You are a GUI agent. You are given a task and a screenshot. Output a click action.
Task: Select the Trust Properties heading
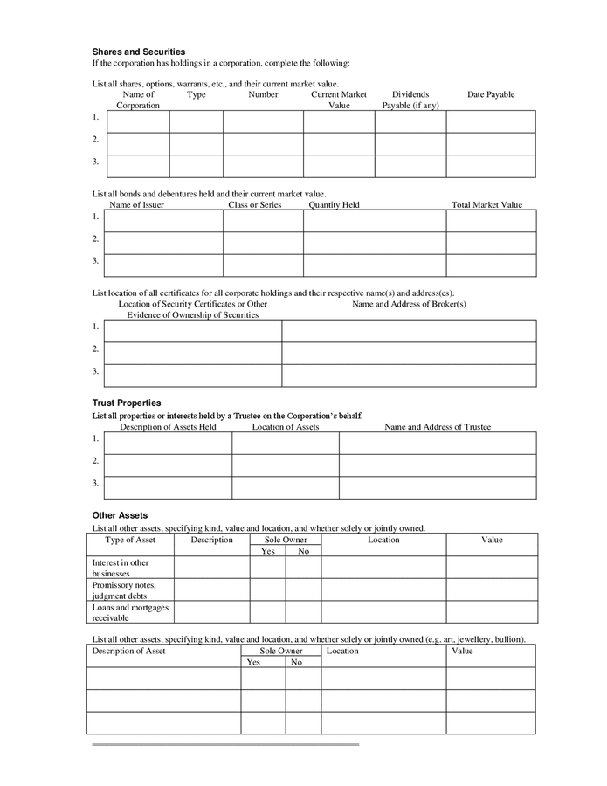[127, 403]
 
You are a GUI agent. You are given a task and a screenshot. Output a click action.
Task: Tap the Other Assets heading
[120, 515]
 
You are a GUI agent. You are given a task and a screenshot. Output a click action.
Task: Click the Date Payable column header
[491, 94]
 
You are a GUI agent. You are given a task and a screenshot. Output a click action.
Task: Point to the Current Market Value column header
[339, 100]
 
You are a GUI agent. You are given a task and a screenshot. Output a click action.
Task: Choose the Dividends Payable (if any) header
[410, 100]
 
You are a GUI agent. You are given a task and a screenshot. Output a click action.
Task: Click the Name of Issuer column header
[136, 205]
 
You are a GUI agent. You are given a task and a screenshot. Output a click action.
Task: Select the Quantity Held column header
[334, 205]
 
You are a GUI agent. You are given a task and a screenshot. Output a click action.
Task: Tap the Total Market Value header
[486, 205]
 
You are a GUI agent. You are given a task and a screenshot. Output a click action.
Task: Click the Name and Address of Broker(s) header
[409, 304]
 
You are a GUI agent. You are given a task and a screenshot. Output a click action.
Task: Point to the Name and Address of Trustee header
[438, 427]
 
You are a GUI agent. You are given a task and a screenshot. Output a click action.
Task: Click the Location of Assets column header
[286, 427]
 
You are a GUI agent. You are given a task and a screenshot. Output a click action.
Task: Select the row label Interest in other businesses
[121, 568]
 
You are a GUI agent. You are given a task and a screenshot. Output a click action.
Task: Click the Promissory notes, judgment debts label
[124, 589]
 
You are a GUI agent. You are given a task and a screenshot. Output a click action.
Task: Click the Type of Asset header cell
[130, 540]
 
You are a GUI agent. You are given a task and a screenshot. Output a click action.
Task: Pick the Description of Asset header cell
[129, 651]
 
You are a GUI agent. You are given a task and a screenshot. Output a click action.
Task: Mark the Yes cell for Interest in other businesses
[268, 568]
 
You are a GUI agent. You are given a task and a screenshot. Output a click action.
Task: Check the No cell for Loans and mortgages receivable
[303, 612]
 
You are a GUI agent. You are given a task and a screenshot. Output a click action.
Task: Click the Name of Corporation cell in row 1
[137, 121]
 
